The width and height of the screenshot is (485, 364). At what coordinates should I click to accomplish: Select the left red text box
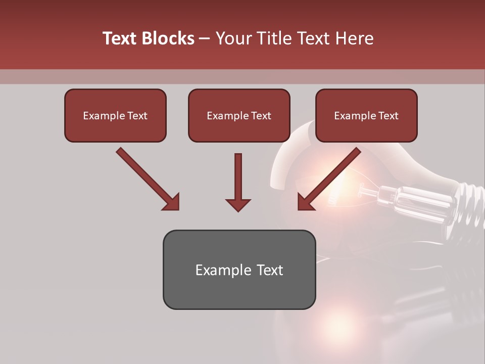point(115,115)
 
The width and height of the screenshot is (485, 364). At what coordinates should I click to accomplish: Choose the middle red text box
point(239,115)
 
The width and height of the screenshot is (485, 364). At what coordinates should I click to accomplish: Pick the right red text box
point(366,115)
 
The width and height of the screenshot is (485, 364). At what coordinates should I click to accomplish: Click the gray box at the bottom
point(239,269)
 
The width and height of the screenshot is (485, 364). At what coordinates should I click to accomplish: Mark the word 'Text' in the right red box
point(387,116)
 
